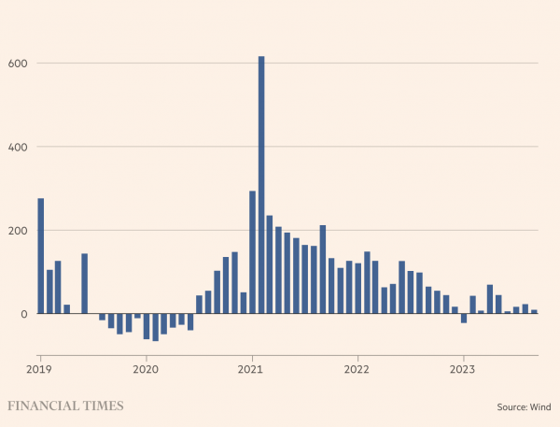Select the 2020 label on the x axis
pyautogui.click(x=147, y=369)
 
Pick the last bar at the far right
pyautogui.click(x=534, y=312)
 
